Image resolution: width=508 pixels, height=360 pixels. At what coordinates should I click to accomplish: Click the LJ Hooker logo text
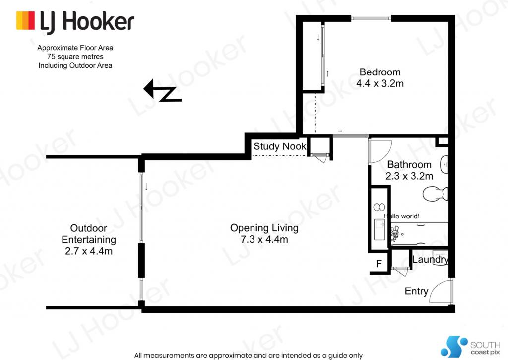coord(87,22)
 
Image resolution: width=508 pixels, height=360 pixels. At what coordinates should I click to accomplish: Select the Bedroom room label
coord(380,72)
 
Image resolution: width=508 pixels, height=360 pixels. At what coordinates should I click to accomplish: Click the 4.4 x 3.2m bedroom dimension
coord(380,84)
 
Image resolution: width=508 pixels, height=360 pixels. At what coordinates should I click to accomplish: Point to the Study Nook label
coord(280,146)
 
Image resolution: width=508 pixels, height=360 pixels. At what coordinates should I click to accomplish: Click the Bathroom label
coord(409,164)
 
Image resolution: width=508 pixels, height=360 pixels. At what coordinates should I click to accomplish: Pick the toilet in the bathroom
coord(436,194)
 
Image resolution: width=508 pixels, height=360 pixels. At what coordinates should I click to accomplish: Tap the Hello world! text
coord(402,216)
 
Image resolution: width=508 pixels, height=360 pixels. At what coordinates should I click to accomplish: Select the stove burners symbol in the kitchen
coord(379,207)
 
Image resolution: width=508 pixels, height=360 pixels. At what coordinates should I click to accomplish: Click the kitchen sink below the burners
coord(380,229)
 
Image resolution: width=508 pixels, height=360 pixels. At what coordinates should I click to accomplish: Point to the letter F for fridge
coord(379,264)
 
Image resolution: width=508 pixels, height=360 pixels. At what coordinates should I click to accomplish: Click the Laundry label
coord(431,259)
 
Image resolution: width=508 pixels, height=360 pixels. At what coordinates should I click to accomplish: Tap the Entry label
coord(416,291)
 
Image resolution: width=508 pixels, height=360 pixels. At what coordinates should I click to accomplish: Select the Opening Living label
coord(264,228)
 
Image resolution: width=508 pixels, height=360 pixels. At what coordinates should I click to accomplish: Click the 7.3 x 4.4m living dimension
coord(264,240)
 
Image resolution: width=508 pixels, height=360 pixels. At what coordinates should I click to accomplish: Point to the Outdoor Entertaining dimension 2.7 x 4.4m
coord(89,251)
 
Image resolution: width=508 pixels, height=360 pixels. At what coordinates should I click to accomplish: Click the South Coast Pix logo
coord(470,347)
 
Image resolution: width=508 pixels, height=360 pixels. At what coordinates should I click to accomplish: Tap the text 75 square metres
coord(75,57)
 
